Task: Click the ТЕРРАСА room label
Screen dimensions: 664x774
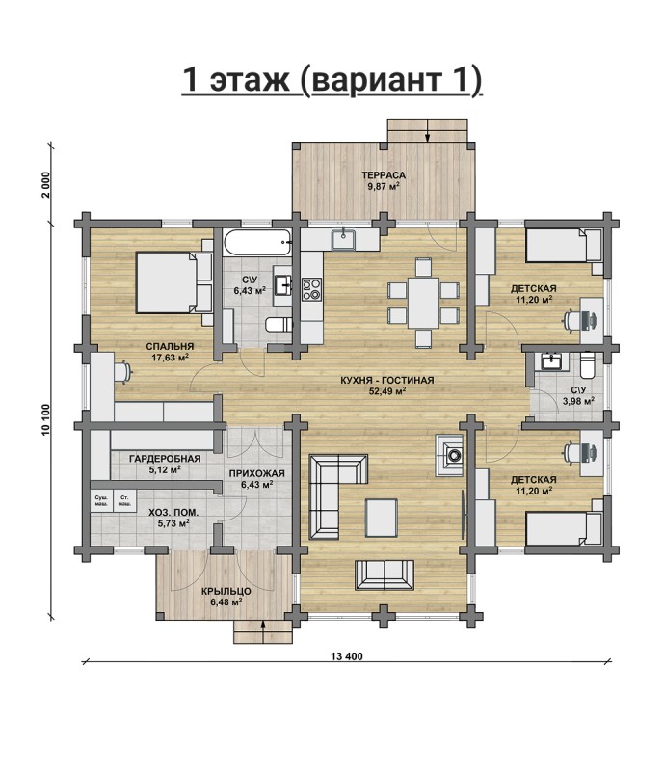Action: [x=384, y=175]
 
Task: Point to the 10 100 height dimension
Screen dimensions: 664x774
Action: [x=46, y=420]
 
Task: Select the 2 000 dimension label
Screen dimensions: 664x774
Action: [x=46, y=185]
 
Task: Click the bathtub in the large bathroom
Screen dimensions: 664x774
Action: [x=256, y=242]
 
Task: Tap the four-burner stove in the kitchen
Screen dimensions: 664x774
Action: [x=311, y=289]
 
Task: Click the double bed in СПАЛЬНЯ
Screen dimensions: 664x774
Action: [x=173, y=282]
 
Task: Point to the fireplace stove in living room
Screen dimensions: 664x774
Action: [x=449, y=455]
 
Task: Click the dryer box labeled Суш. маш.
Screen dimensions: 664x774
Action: [x=101, y=501]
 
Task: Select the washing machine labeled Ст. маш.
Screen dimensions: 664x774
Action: [x=124, y=501]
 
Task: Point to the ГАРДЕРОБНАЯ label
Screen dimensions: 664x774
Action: [x=165, y=459]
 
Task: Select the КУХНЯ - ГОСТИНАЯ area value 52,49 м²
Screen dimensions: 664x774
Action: [x=387, y=392]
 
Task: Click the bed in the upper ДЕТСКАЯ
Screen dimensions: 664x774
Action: [x=564, y=246]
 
